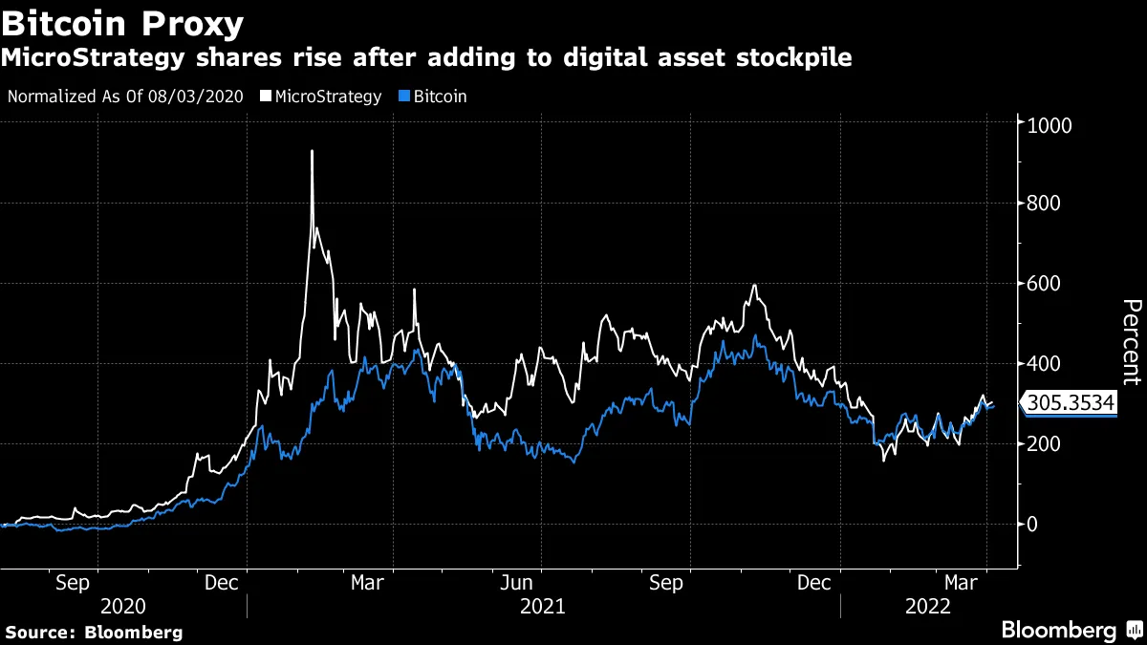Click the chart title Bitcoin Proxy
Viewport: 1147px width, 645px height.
[122, 22]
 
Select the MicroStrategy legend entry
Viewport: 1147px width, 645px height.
[327, 97]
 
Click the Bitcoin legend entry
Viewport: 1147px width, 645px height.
[433, 97]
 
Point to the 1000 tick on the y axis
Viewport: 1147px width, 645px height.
[1049, 124]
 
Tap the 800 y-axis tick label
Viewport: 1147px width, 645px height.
[1044, 204]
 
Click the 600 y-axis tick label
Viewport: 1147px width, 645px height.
[1044, 284]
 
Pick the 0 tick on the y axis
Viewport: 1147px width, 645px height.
[1032, 524]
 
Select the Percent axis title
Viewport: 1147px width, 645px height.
[1131, 342]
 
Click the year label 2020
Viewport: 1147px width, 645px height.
[123, 607]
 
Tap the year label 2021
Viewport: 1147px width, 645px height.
[543, 607]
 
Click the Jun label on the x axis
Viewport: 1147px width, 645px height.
[517, 582]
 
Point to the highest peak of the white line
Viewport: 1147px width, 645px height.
[312, 151]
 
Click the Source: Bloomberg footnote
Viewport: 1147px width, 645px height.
[94, 632]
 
